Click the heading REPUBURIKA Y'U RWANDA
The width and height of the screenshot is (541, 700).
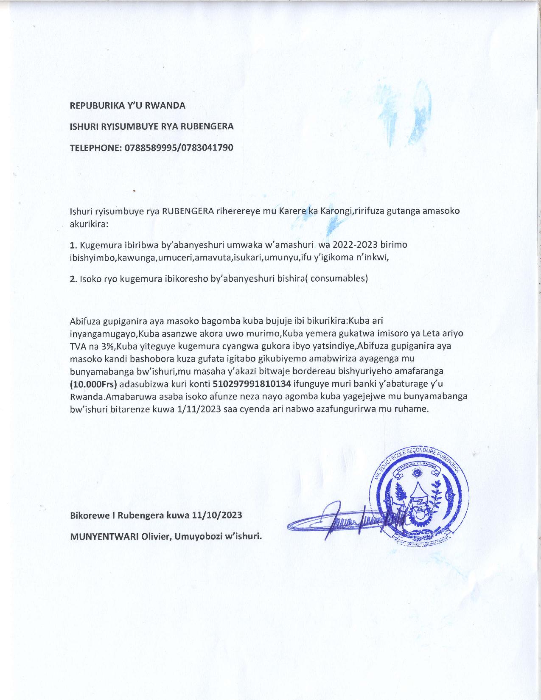click(x=127, y=106)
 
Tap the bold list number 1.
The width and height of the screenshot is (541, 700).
click(x=72, y=245)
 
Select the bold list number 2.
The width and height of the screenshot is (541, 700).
click(x=72, y=279)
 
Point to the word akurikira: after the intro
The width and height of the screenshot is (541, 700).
click(x=89, y=224)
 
